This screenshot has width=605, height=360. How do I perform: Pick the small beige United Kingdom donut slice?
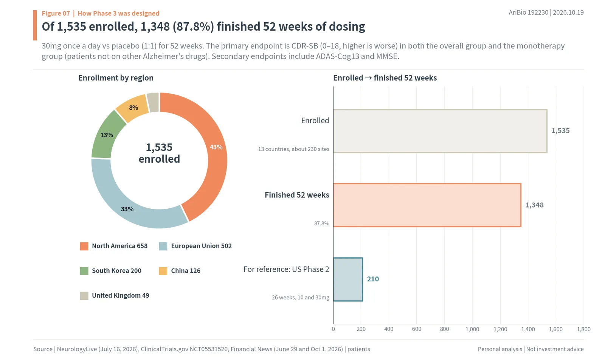pos(153,102)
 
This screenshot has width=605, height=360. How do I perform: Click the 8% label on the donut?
pos(133,108)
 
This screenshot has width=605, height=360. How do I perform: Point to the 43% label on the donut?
pos(216,147)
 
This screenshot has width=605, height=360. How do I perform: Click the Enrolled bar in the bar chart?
pos(440,131)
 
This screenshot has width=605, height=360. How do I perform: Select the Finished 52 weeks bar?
pos(427,205)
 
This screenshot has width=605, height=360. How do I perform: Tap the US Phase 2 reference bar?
pos(348,279)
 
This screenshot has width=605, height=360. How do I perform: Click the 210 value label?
pos(373,279)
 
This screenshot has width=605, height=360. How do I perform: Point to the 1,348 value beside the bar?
pos(535,205)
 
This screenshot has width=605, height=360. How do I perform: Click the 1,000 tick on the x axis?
pos(472,329)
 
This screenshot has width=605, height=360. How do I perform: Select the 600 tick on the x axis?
pos(417,329)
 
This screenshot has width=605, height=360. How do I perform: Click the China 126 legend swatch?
pos(163,271)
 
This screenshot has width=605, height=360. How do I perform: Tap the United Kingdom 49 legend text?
pos(121,295)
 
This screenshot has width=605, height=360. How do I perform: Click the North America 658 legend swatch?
pos(84,246)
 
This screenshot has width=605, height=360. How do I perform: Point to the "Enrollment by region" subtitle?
pos(116,78)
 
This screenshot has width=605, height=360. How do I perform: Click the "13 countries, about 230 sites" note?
pos(293,149)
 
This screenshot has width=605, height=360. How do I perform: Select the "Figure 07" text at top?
pos(56,13)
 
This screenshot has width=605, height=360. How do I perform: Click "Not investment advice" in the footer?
pos(555,349)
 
